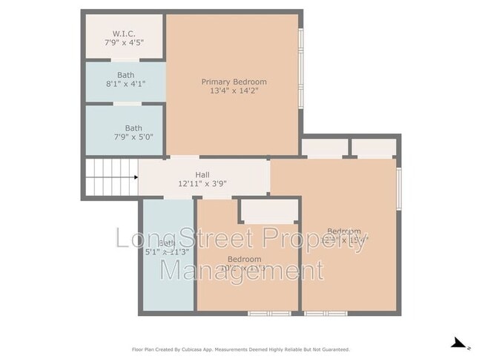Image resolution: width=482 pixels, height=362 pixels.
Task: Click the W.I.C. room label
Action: pyautogui.click(x=124, y=33)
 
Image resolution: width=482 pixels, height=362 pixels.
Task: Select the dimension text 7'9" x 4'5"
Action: pyautogui.click(x=124, y=43)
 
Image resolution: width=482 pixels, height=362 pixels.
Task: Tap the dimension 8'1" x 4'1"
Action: pyautogui.click(x=125, y=84)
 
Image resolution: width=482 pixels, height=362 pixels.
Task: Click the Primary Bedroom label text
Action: pyautogui.click(x=234, y=82)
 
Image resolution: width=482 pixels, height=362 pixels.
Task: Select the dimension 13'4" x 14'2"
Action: pyautogui.click(x=234, y=90)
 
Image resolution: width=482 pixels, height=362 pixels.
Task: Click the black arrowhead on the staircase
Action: pyautogui.click(x=135, y=177)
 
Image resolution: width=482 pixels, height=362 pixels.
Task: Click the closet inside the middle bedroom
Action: pyautogui.click(x=269, y=211)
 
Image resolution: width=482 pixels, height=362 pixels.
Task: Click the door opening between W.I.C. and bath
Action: pyautogui.click(x=124, y=60)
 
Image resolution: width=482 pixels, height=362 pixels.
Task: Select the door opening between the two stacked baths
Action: pyautogui.click(x=124, y=104)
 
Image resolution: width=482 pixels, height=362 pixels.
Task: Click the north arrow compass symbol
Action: pyautogui.click(x=460, y=343)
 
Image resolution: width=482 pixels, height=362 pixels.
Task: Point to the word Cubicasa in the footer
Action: pyautogui.click(x=192, y=349)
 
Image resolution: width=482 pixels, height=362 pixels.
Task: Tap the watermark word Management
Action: pyautogui.click(x=242, y=269)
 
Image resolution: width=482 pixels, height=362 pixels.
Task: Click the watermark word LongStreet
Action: pyautogui.click(x=178, y=240)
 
